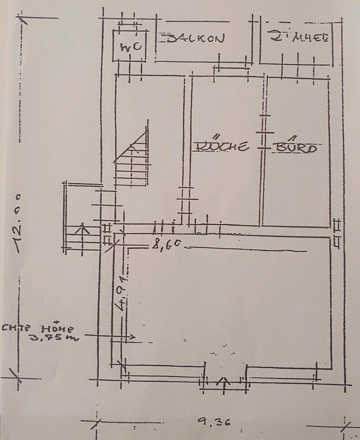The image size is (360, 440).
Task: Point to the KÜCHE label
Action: [222, 147]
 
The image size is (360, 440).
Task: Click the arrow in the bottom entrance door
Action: [224, 381]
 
